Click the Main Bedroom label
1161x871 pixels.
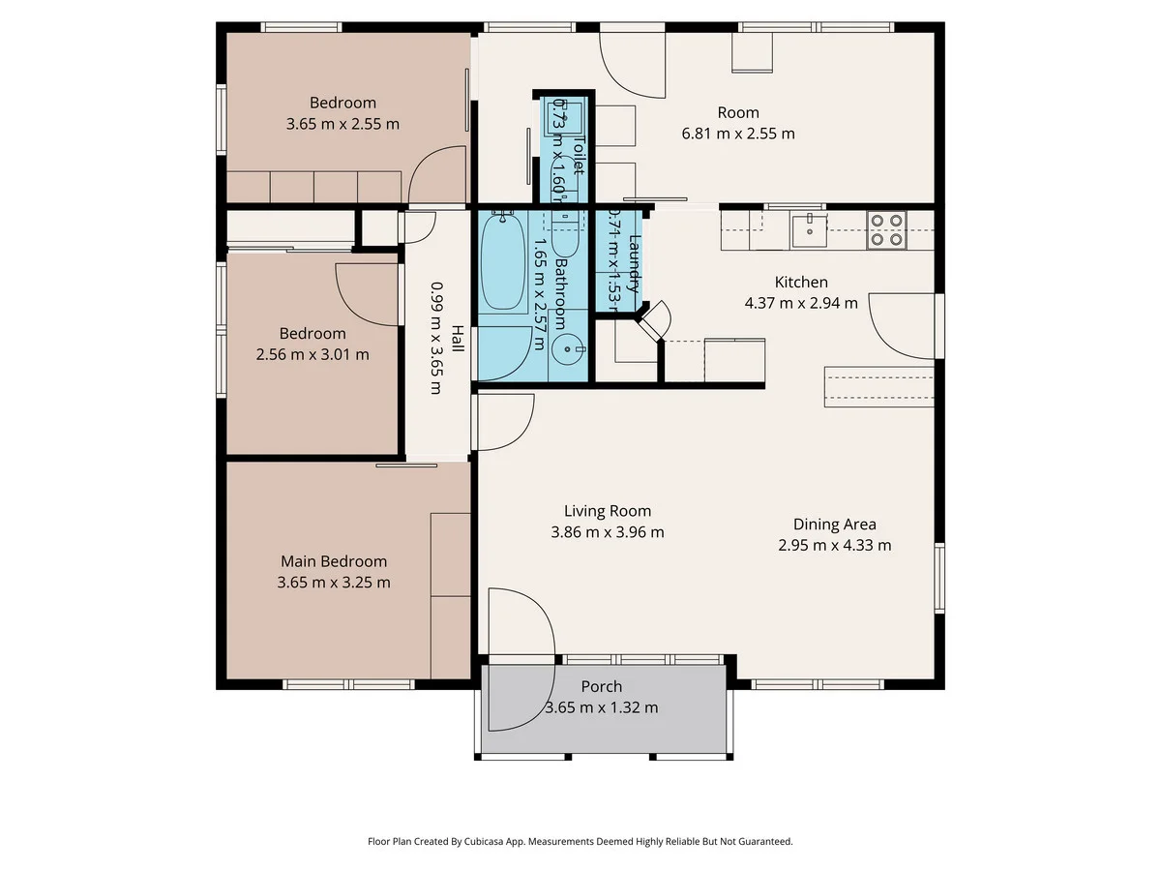pyautogui.click(x=334, y=561)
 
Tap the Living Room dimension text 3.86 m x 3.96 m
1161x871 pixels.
pyautogui.click(x=608, y=532)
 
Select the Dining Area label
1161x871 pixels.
pyautogui.click(x=834, y=525)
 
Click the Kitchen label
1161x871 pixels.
pyautogui.click(x=801, y=283)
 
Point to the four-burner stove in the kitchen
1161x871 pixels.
pyautogui.click(x=885, y=229)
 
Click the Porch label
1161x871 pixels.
pyautogui.click(x=602, y=687)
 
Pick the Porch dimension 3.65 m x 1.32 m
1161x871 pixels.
pyautogui.click(x=602, y=707)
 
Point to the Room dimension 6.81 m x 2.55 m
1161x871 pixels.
pyautogui.click(x=738, y=134)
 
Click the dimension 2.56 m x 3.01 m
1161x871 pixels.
pyautogui.click(x=313, y=354)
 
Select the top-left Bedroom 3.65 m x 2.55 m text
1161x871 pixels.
pyautogui.click(x=342, y=124)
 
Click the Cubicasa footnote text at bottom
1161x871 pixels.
pyautogui.click(x=580, y=842)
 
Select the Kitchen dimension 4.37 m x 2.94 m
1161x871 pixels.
pyautogui.click(x=801, y=303)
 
